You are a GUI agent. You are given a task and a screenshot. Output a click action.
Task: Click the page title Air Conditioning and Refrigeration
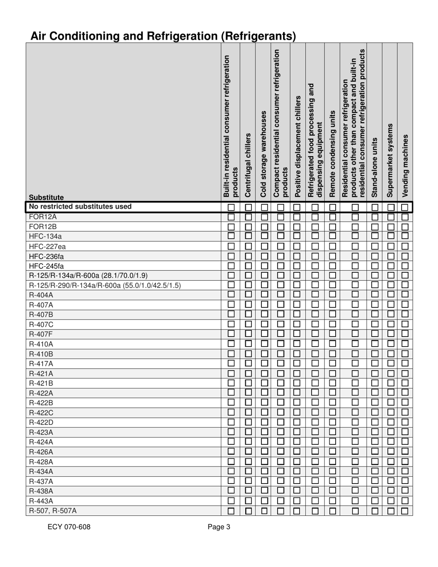[163, 35]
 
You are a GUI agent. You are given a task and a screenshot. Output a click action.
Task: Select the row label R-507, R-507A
[53, 510]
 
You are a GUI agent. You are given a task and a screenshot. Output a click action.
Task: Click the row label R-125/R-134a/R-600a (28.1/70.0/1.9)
[88, 275]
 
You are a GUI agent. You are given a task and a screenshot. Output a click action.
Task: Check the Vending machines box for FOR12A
[405, 217]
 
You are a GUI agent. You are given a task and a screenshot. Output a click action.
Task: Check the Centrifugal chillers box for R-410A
[248, 344]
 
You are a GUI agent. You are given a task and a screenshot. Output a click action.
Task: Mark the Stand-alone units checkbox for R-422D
[375, 422]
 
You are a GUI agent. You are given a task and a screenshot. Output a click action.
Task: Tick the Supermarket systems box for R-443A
[390, 501]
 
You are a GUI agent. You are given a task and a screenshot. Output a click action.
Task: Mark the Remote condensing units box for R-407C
[332, 325]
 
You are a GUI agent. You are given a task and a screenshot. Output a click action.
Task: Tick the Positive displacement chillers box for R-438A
[297, 491]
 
